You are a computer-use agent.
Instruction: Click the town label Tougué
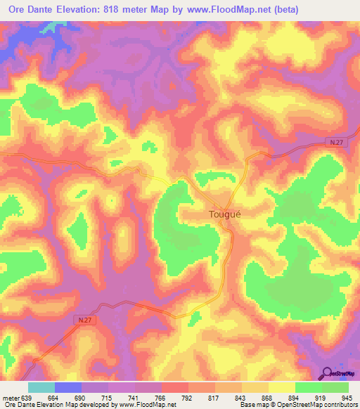point(224,215)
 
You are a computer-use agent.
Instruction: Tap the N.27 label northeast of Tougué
point(336,143)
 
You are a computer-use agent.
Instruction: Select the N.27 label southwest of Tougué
point(84,320)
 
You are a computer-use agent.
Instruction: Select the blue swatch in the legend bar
point(68,388)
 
